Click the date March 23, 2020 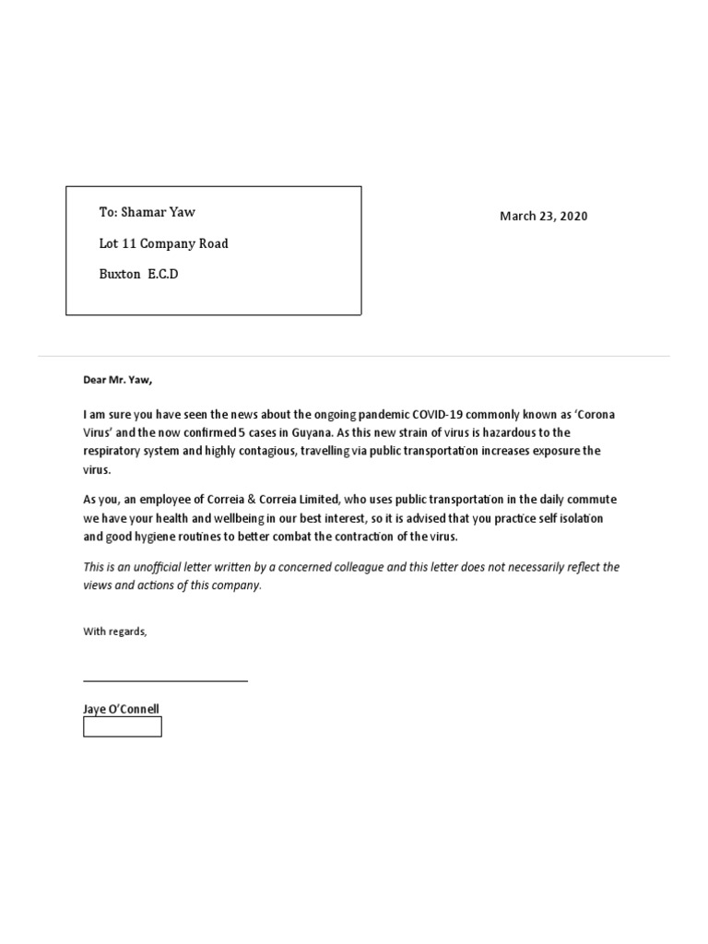pyautogui.click(x=543, y=217)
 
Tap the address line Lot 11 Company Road pyautogui.click(x=164, y=243)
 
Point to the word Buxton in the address pyautogui.click(x=120, y=274)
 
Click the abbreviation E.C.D pyautogui.click(x=163, y=274)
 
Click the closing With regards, pyautogui.click(x=114, y=631)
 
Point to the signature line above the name pyautogui.click(x=165, y=681)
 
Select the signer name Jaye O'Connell pyautogui.click(x=120, y=709)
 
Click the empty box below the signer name pyautogui.click(x=123, y=726)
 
